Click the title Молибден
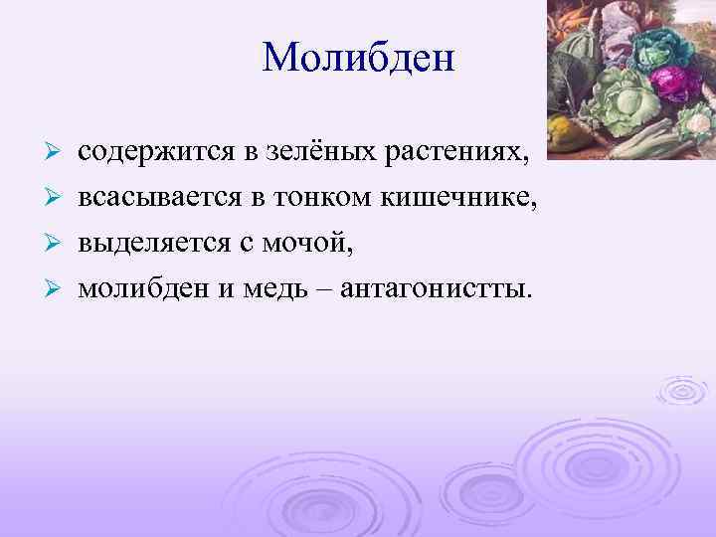[x=358, y=57]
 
